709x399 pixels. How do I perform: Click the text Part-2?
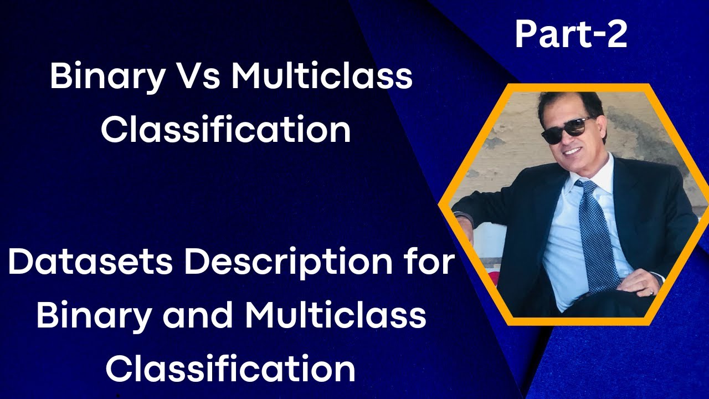pyautogui.click(x=571, y=35)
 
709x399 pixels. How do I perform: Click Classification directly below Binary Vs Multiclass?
pyautogui.click(x=226, y=130)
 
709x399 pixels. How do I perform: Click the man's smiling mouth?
pyautogui.click(x=571, y=151)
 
